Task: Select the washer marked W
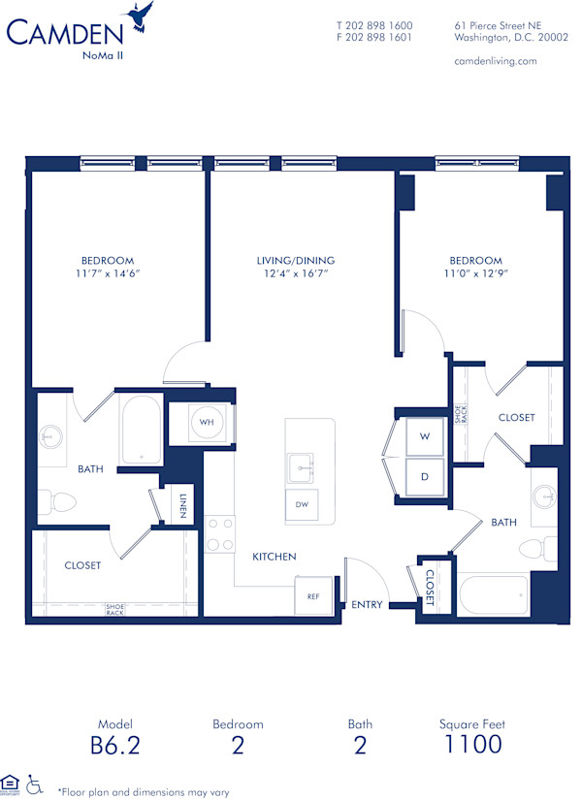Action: coord(424,437)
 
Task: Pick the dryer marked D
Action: coord(424,477)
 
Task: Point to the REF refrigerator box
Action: coord(313,596)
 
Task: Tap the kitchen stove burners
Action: coord(220,534)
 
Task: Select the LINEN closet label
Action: coord(182,505)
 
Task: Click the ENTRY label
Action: coord(367,605)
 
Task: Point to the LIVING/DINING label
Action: coord(296,261)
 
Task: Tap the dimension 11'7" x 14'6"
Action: coord(107,274)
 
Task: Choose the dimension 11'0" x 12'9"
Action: coord(475,274)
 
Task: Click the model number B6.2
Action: coord(113,745)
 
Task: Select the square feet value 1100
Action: coord(472,745)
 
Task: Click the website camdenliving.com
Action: coord(495,61)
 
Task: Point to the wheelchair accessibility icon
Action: coord(36,783)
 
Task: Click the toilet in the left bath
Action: coord(60,501)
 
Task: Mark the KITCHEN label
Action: coord(275,557)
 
